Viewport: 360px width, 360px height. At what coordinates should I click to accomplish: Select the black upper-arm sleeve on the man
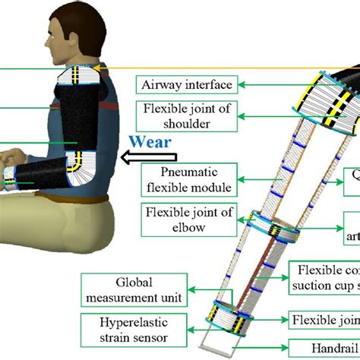78,122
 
